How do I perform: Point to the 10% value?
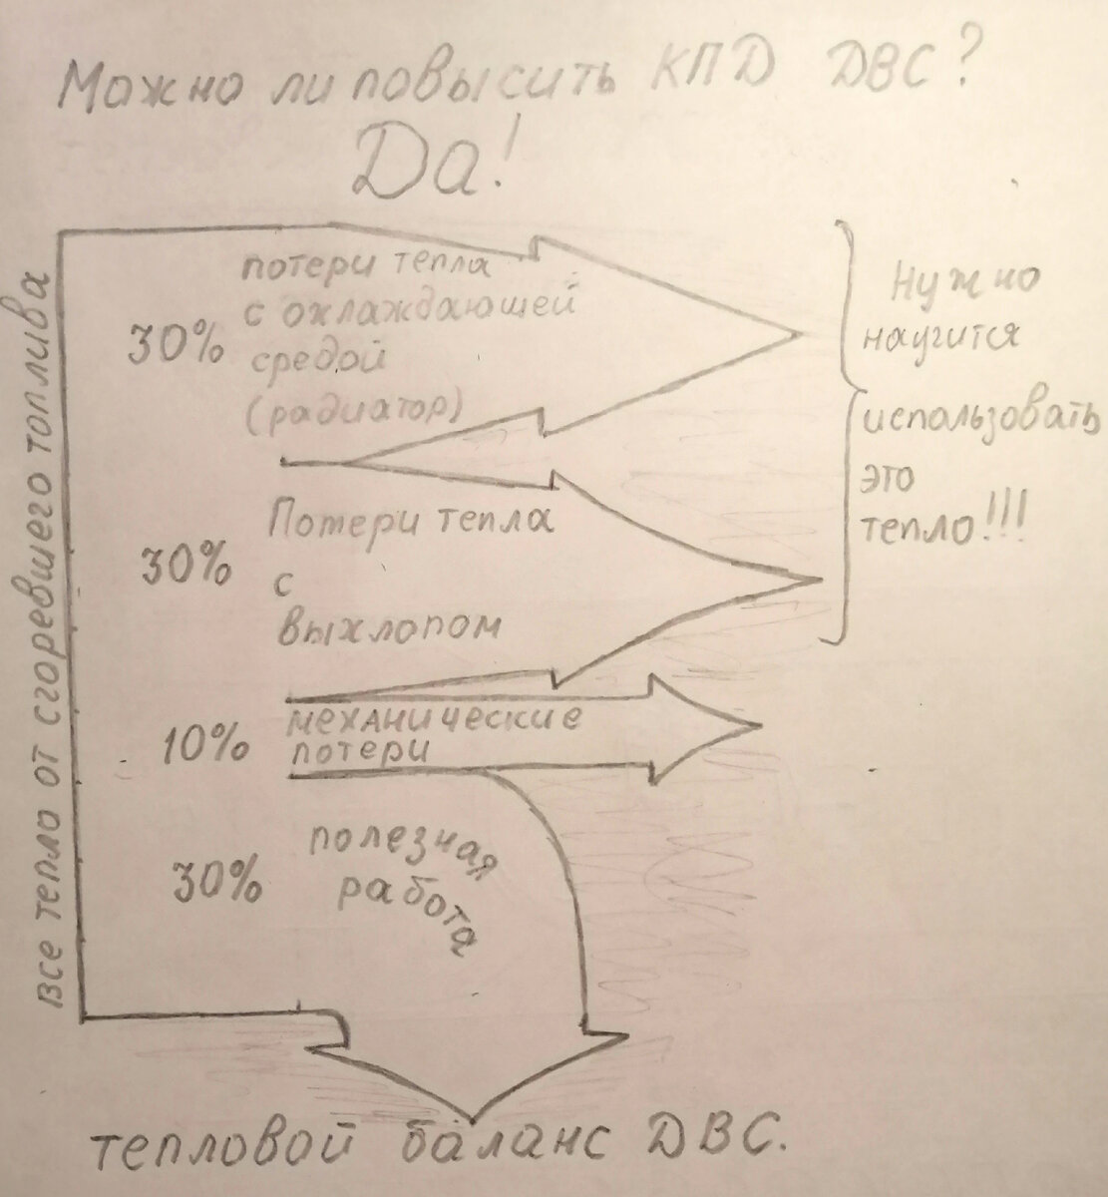coord(205,747)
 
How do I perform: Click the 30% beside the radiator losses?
coord(175,346)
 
